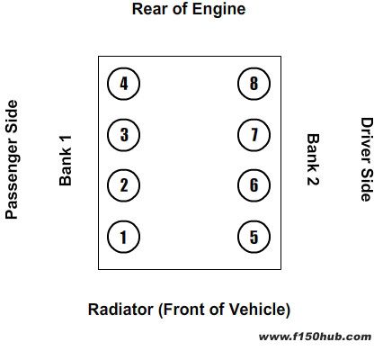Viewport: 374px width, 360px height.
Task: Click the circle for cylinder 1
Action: point(123,237)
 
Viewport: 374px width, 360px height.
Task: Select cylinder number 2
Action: point(123,185)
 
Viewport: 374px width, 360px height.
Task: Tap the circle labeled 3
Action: point(123,135)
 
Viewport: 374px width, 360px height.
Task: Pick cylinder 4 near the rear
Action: point(123,84)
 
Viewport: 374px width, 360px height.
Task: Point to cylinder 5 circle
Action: point(254,237)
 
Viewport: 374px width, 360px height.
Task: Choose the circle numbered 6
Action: point(254,185)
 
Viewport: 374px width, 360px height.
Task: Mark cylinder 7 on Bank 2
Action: point(254,135)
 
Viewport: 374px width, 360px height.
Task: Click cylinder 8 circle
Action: point(254,84)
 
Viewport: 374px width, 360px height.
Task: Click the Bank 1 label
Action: point(66,160)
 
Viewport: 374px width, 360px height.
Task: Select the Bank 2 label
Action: point(313,159)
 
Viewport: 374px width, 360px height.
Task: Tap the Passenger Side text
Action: point(12,159)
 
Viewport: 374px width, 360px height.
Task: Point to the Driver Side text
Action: point(367,159)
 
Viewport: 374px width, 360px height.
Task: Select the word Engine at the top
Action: point(218,9)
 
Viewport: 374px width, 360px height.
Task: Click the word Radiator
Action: point(120,310)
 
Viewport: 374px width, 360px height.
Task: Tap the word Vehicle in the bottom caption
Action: point(259,310)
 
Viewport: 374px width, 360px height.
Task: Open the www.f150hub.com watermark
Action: point(315,337)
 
